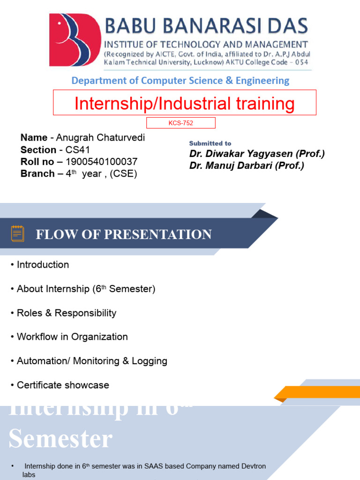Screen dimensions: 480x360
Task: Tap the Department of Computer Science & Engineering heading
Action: pyautogui.click(x=180, y=81)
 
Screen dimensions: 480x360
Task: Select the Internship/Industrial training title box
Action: pyautogui.click(x=184, y=103)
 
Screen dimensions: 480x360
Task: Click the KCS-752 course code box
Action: pyautogui.click(x=180, y=123)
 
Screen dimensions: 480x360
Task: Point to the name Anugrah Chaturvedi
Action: pyautogui.click(x=100, y=138)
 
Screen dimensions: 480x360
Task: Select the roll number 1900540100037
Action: pyautogui.click(x=101, y=162)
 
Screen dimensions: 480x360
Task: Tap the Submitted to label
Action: pyautogui.click(x=210, y=143)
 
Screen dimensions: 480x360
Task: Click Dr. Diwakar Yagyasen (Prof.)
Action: pyautogui.click(x=257, y=154)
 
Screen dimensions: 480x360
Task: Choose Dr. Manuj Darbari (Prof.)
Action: pyautogui.click(x=247, y=165)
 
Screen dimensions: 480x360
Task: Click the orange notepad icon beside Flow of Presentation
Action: pyautogui.click(x=18, y=233)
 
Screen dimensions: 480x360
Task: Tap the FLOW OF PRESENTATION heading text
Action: pyautogui.click(x=124, y=234)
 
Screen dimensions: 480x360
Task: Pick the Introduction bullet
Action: pyautogui.click(x=43, y=265)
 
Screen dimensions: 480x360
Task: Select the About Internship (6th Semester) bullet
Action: pyautogui.click(x=86, y=289)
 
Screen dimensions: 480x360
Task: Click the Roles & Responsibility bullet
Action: pyautogui.click(x=66, y=313)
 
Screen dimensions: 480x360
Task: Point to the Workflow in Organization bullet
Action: pyautogui.click(x=72, y=337)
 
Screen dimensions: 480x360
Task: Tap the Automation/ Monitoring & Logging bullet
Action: pyautogui.click(x=92, y=361)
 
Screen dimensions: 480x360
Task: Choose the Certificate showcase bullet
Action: pyautogui.click(x=63, y=385)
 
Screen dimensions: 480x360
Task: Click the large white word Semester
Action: pyautogui.click(x=60, y=439)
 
